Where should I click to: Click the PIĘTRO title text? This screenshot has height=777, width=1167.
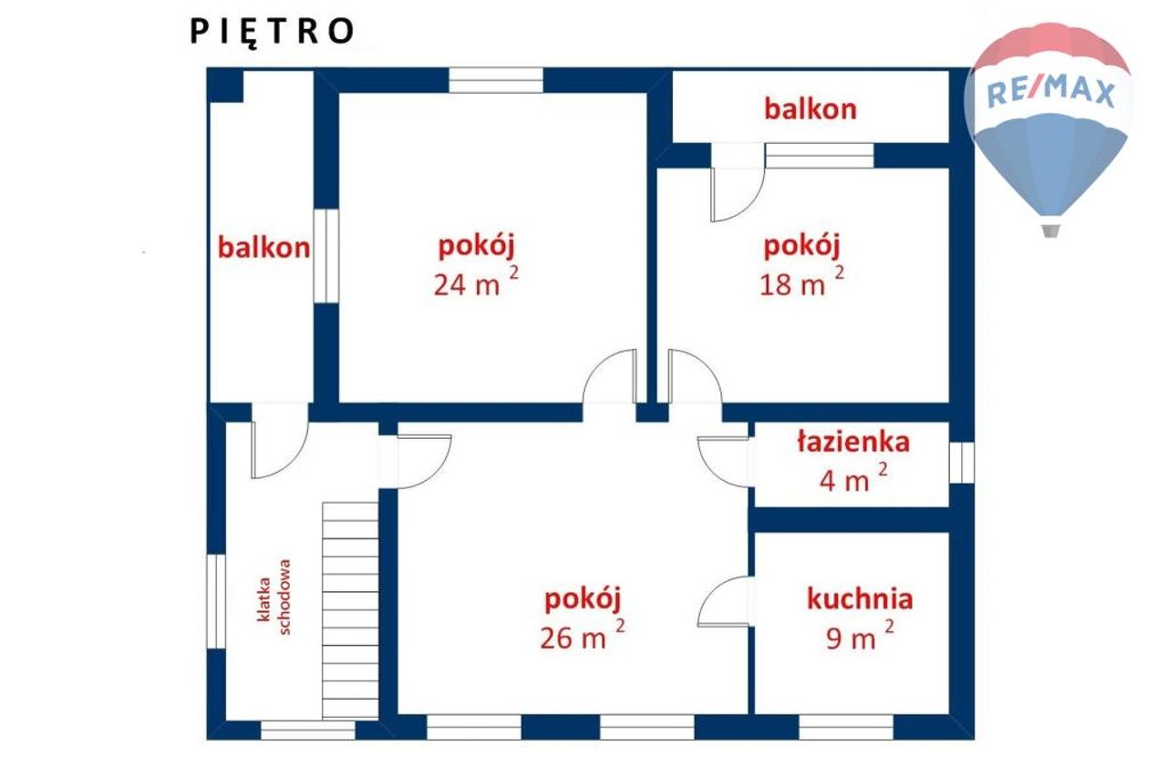[272, 32]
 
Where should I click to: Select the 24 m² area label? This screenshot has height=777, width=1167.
[476, 282]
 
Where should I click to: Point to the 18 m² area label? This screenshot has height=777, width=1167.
[801, 282]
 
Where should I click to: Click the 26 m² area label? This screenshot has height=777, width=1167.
[583, 636]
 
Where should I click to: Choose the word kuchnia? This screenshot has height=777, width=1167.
[860, 599]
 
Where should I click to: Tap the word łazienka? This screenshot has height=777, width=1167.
[853, 442]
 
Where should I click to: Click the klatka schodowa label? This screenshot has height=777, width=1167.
[274, 598]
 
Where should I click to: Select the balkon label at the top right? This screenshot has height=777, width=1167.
[811, 109]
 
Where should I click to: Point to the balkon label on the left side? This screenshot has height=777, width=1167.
[263, 248]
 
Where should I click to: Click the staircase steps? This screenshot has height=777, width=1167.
[350, 611]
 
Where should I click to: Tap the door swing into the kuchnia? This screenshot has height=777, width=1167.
[724, 601]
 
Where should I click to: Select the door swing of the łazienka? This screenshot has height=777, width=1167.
[724, 462]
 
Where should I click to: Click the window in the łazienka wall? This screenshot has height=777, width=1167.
[962, 463]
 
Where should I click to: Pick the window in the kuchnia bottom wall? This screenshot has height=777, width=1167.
[846, 727]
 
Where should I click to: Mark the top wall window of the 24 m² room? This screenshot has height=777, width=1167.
[496, 81]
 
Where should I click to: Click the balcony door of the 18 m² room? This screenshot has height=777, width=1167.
[738, 182]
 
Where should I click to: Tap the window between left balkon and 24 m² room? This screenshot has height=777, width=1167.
[326, 256]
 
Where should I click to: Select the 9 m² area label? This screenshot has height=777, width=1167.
[860, 636]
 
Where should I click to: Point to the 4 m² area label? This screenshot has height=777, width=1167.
[853, 478]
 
